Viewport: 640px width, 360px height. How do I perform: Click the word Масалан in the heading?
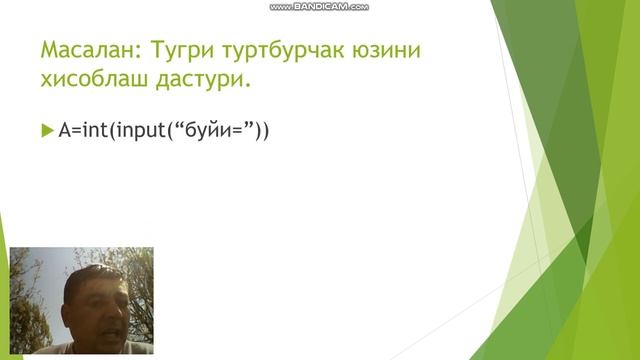click(x=82, y=50)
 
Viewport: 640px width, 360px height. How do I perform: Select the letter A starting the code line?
click(x=64, y=131)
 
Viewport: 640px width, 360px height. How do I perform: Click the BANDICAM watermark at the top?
click(x=319, y=6)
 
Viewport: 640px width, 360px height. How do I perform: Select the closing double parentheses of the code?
click(x=263, y=131)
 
